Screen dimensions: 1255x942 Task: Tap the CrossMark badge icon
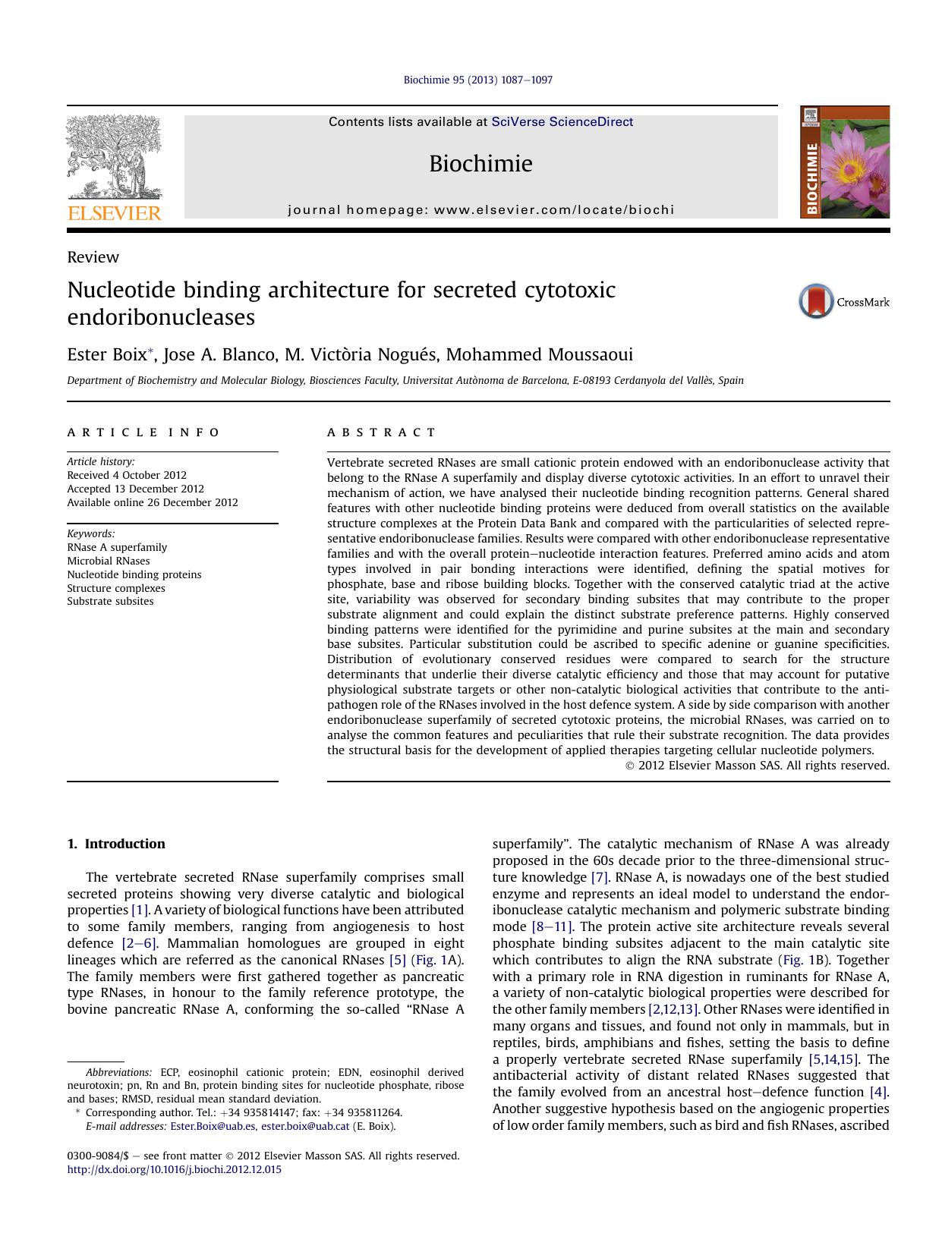tap(817, 301)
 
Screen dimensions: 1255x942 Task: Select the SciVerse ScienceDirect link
tap(562, 122)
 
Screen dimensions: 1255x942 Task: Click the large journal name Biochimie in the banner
tap(480, 164)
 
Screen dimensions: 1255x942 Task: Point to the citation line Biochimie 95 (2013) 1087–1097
tap(477, 80)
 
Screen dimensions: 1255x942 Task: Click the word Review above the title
tap(93, 257)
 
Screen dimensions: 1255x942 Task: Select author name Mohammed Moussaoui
tap(539, 355)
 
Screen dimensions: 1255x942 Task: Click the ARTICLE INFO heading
tap(143, 432)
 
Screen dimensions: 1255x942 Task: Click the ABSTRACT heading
tap(381, 432)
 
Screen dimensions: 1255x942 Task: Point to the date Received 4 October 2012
tap(127, 475)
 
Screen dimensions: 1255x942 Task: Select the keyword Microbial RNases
tap(109, 561)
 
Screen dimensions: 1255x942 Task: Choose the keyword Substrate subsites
tap(110, 601)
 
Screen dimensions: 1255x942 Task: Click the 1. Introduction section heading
tap(116, 844)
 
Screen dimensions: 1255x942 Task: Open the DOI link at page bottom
tap(174, 1169)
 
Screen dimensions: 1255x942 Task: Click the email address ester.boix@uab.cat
tap(305, 1126)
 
